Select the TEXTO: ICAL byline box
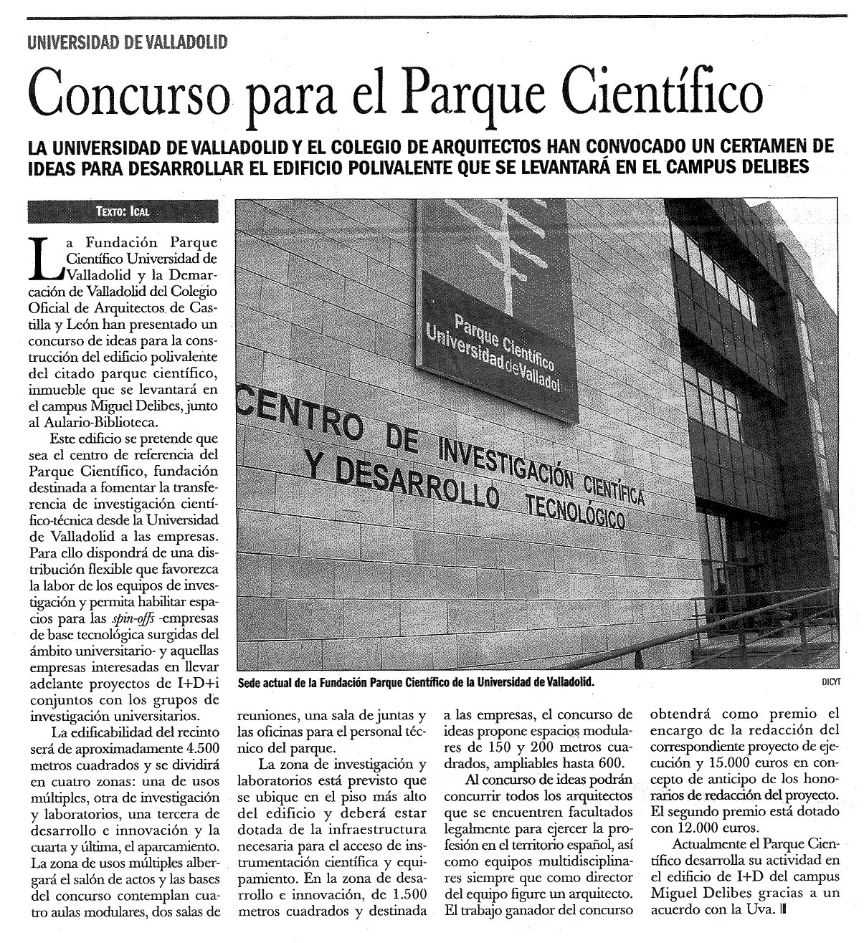(122, 211)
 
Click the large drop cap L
(45, 258)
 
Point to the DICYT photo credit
(830, 683)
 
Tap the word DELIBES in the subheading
(775, 167)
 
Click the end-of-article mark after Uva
(782, 911)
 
